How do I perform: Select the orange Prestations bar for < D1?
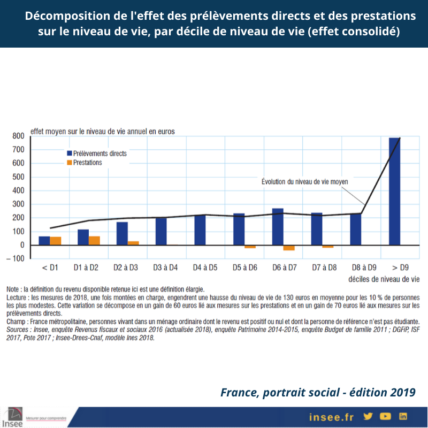coord(55,241)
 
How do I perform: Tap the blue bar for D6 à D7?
coord(278,226)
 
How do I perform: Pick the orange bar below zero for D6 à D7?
coord(289,248)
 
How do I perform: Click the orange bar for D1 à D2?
coord(94,240)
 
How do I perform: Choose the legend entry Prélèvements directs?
coord(96,154)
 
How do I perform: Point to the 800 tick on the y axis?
coord(19,136)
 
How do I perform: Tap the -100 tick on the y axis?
coord(18,259)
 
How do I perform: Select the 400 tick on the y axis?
coord(19,191)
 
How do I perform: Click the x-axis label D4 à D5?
coord(205,267)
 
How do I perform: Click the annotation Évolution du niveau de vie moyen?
coord(304,182)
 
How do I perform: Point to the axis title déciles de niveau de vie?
coord(384,279)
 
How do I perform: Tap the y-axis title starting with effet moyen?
coord(102,131)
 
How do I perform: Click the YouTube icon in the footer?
coord(385,416)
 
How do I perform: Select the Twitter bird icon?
coord(368,416)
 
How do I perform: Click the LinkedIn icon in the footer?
coord(403,416)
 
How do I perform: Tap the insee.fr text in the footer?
coord(332,416)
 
